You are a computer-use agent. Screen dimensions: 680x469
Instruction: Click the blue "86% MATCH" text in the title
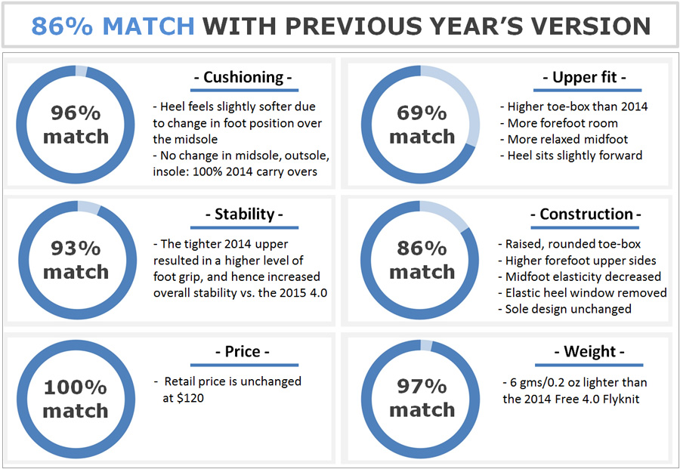113,26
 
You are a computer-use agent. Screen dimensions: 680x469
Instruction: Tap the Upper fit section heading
585,77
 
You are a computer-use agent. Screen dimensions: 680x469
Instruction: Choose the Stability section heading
244,214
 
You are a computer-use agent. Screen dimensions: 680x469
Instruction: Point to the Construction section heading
586,214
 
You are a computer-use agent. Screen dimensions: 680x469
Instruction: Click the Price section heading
243,351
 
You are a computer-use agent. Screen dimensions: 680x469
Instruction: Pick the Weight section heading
589,351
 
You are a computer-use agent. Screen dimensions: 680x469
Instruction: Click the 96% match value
76,125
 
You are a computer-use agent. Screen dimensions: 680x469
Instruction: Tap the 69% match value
422,125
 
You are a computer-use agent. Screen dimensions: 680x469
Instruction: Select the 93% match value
76,260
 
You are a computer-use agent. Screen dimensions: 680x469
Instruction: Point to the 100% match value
76,399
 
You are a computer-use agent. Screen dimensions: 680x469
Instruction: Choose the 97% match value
422,398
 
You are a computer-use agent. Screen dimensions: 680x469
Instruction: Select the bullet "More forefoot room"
559,123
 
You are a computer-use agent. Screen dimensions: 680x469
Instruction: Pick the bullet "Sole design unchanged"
564,309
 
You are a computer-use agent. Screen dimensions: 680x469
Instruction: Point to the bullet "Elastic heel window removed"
583,293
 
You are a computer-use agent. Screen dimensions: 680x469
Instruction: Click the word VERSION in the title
591,26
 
